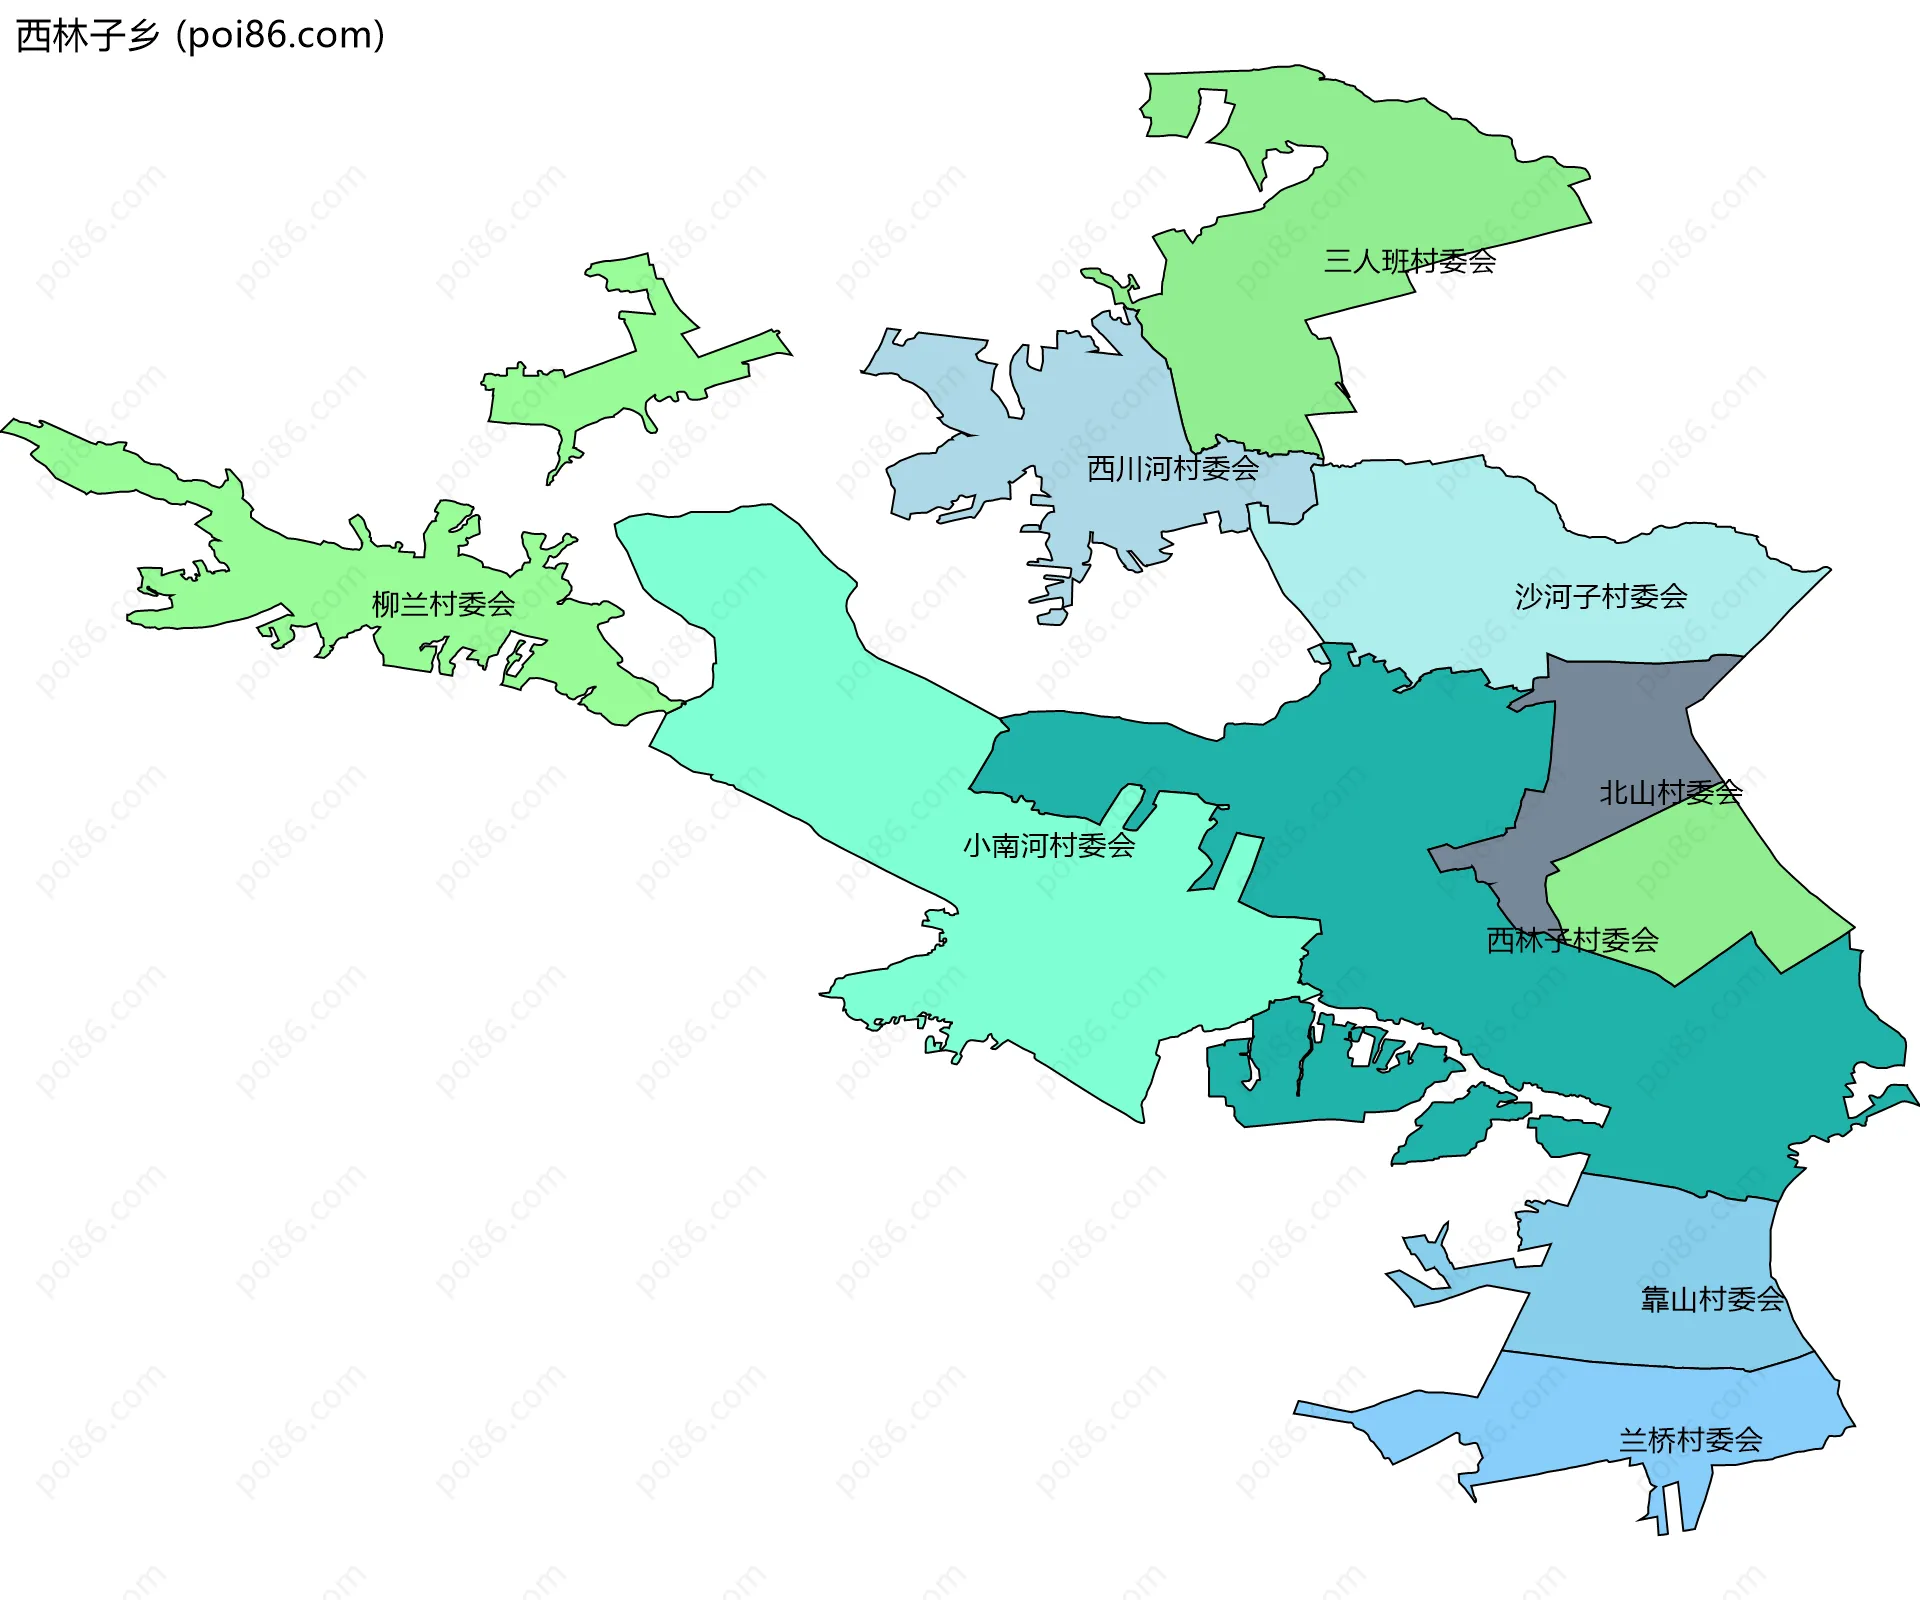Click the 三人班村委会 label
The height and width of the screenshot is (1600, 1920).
coord(1409,261)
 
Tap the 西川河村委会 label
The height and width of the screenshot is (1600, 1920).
coord(1172,468)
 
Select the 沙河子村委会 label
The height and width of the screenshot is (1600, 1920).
coord(1600,597)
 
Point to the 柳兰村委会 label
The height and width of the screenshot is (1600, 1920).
coord(443,604)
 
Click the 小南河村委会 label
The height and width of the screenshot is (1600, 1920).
coord(1048,846)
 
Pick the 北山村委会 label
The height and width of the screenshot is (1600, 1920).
coord(1670,793)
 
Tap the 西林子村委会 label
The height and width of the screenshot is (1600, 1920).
coord(1572,940)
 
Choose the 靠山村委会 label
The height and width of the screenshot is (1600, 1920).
coord(1712,1299)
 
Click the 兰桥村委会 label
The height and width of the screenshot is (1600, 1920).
coord(1690,1440)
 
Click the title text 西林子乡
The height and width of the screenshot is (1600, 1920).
coord(88,36)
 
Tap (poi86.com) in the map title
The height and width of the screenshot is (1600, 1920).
coord(281,36)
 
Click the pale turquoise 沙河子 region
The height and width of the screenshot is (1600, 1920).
coord(1450,560)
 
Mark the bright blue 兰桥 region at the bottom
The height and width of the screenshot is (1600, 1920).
coord(1600,1410)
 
